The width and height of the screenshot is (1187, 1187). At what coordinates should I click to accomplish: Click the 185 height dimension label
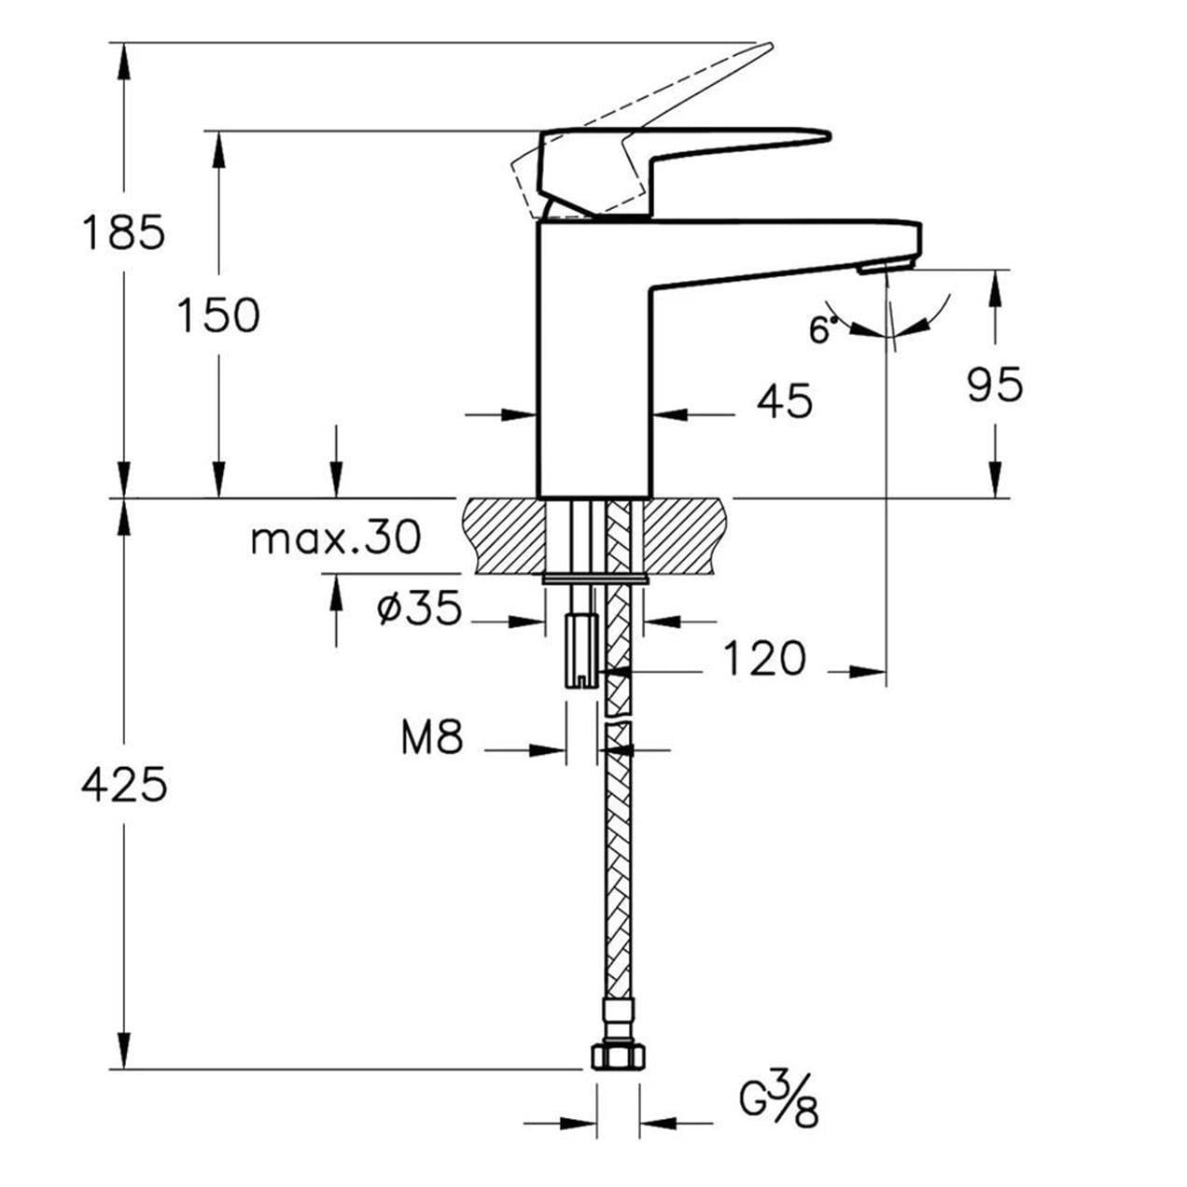tap(123, 231)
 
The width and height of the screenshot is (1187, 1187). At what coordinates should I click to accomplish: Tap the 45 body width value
tap(784, 401)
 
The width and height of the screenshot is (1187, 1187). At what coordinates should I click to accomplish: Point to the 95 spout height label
tap(995, 384)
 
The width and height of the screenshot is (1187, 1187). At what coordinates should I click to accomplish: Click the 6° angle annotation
tap(821, 329)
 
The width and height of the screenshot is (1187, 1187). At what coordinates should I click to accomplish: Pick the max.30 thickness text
tap(336, 538)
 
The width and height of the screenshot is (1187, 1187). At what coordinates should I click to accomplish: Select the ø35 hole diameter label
tap(419, 609)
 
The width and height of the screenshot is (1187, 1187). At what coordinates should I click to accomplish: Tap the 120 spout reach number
tap(764, 658)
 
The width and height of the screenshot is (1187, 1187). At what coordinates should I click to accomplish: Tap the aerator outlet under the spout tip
tap(886, 269)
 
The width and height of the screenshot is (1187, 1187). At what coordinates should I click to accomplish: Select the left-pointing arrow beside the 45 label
tap(672, 413)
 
